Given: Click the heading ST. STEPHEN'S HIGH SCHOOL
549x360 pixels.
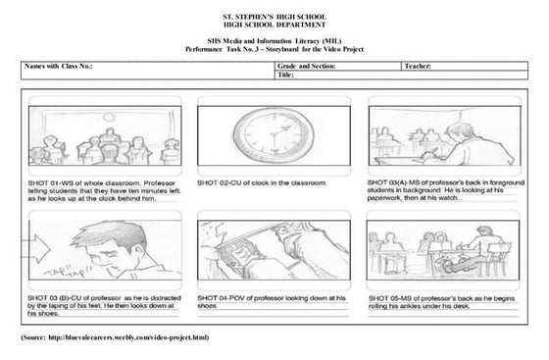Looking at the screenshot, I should click(274, 17).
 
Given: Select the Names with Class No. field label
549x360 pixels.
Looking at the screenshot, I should click(58, 66).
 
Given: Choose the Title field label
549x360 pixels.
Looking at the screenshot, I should click(286, 75).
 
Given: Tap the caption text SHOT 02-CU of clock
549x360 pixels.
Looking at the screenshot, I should click(262, 182).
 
